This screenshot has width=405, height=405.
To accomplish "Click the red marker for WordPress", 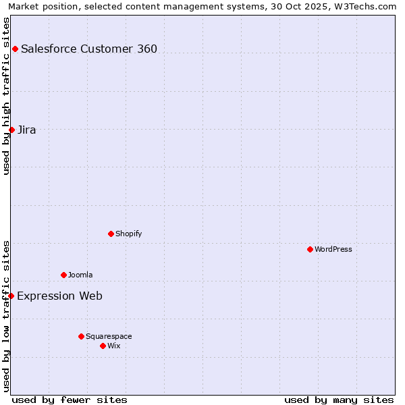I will coord(310,249).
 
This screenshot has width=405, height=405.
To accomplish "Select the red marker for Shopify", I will coord(111,234).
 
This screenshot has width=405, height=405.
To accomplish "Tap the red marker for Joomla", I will coord(63,275).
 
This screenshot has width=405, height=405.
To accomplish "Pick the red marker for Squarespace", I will coord(81,336).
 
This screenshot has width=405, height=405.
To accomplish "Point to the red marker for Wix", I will coord(103,346).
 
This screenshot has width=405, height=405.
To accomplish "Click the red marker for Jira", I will coord(11,130).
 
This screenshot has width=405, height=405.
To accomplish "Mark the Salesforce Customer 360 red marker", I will coord(15,49).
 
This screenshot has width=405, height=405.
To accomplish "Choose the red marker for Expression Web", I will coord(11,296).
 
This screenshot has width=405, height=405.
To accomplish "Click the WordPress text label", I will coord(333,249).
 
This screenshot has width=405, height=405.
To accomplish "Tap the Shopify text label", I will coord(129,234).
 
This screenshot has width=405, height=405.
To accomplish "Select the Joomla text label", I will coord(80,275).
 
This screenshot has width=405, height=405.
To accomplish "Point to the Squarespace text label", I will coord(109,336).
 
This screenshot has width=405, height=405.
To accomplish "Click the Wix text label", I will coord(114,346).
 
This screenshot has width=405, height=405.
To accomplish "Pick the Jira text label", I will coord(27,130).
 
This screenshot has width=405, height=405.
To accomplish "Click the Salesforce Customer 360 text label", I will coord(89,49).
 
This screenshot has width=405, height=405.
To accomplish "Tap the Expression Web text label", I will coord(59,296).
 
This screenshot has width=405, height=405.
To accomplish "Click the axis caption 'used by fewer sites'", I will coord(70,400).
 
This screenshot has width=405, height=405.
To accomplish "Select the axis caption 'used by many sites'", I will coord(339,400).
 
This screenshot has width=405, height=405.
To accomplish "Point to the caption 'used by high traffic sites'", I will coord(6,96).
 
